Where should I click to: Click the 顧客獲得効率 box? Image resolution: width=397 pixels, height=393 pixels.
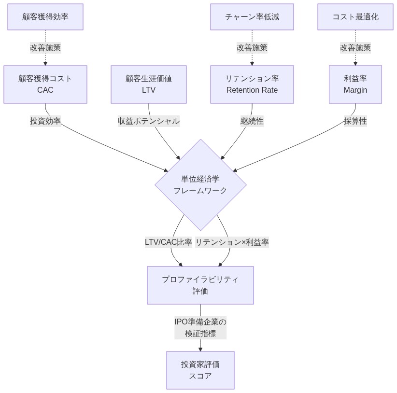pos(45,17)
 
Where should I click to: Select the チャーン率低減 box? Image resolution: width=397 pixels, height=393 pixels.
pos(252,17)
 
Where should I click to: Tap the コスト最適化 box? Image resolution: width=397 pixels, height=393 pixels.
pos(355,17)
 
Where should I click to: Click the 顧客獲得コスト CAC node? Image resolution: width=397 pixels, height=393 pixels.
pos(45,84)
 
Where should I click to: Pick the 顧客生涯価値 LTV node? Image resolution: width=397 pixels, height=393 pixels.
pos(149,84)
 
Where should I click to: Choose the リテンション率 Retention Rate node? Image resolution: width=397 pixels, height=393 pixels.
pos(252,84)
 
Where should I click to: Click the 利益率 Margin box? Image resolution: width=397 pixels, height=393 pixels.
pos(355,84)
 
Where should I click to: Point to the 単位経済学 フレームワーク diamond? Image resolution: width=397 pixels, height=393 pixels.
pos(200,185)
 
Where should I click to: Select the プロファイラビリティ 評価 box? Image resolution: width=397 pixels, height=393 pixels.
pos(200,285)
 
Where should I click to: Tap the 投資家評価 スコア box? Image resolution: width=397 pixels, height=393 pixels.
pos(200,370)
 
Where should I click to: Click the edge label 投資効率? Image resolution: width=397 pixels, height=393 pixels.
pos(45,121)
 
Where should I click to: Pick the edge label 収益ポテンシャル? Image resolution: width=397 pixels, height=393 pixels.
pos(149,121)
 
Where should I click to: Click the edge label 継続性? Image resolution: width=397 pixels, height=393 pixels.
pos(252,121)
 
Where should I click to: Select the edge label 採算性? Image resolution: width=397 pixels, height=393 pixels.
pos(355,121)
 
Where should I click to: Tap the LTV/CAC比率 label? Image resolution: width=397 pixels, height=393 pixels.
pos(169,242)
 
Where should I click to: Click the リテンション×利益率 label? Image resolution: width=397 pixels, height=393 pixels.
pos(232,242)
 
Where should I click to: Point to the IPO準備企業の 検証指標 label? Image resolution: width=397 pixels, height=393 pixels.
pos(200,327)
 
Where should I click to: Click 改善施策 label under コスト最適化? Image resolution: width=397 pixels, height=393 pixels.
pos(355,48)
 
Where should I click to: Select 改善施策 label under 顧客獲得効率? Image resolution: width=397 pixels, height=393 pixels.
pos(45,48)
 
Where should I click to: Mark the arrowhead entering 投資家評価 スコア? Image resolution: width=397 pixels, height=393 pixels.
pos(200,349)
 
